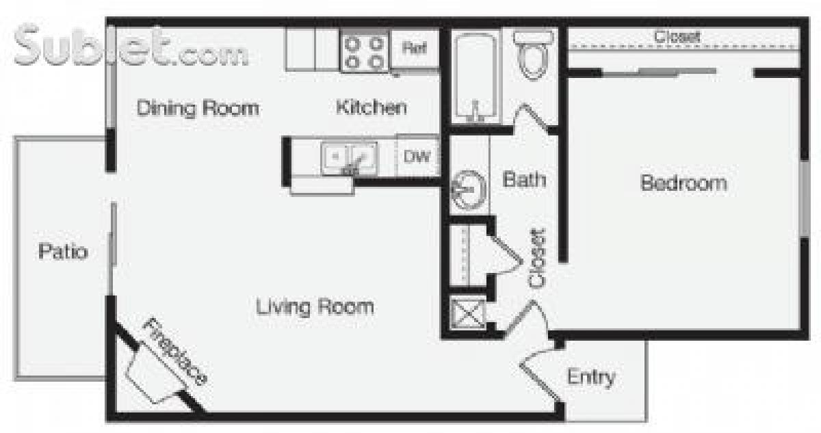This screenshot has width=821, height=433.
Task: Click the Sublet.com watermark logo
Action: coord(130,47)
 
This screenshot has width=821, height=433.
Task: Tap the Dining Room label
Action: coord(198,108)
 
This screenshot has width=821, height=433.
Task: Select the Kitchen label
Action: coord(371,107)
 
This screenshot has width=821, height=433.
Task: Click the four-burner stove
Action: coord(364,53)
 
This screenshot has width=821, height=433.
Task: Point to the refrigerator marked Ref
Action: coord(415,49)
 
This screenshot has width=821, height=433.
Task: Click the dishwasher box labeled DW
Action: coord(417,157)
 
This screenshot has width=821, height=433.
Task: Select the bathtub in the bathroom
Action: coord(476,77)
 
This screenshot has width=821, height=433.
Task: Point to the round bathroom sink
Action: coord(469,189)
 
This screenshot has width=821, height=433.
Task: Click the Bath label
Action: coord(524,179)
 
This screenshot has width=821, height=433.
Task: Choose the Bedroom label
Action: coord(683,183)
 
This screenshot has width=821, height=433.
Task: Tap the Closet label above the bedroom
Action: coord(677,37)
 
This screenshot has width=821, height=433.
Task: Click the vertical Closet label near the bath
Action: coord(538,258)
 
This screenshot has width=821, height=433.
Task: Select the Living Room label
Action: coord(315,306)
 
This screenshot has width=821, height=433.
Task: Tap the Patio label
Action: coord(62,252)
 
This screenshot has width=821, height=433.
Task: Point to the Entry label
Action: coord(590,377)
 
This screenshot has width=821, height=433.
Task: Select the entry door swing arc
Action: coord(537,359)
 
